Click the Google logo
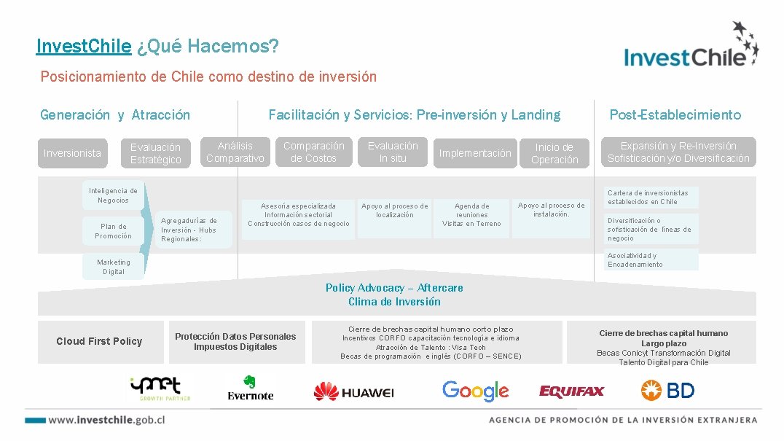[x=475, y=391]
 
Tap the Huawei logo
[x=353, y=392]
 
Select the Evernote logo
[x=250, y=388]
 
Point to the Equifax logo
[x=572, y=391]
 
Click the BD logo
[x=667, y=391]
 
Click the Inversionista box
[x=72, y=153]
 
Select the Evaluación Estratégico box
[x=155, y=153]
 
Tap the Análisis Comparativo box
[x=235, y=152]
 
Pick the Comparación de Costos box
[x=313, y=152]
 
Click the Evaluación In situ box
[x=393, y=152]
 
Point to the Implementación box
[x=475, y=153]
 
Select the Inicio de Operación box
[x=554, y=153]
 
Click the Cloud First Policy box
[x=99, y=341]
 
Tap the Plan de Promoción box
[x=114, y=231]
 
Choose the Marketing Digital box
[x=114, y=267]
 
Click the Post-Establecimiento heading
[x=675, y=114]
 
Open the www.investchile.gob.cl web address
[x=106, y=420]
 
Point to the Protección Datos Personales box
[x=235, y=341]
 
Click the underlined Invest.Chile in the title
[x=84, y=47]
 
